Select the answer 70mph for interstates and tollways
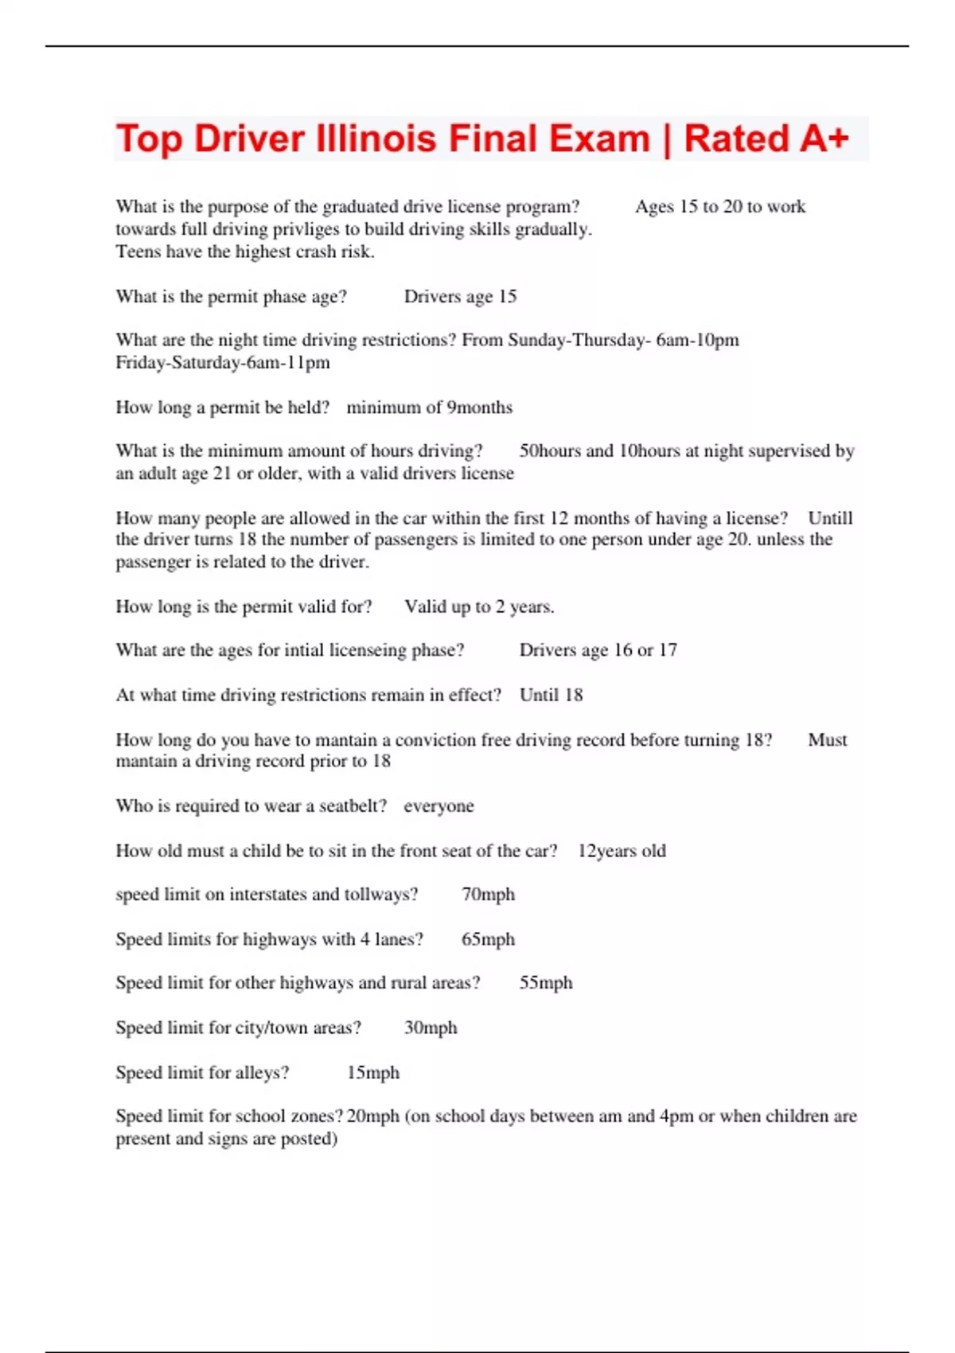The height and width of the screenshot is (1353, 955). point(488,895)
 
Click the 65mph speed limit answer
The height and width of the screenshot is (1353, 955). point(488,939)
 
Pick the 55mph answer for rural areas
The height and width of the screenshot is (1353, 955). point(546,983)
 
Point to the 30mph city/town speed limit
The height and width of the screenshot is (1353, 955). point(431,1027)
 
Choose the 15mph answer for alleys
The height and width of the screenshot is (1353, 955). point(373,1073)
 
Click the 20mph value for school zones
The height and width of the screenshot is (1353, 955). point(373,1117)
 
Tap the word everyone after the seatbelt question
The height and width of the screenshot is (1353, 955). point(439,806)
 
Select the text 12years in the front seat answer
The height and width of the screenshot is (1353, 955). point(607,851)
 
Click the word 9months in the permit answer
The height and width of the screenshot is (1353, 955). point(479,407)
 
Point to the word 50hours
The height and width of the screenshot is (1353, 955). point(550,451)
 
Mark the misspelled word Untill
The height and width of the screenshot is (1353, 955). point(830,518)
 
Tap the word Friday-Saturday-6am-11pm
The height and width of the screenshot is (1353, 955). point(223,363)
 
